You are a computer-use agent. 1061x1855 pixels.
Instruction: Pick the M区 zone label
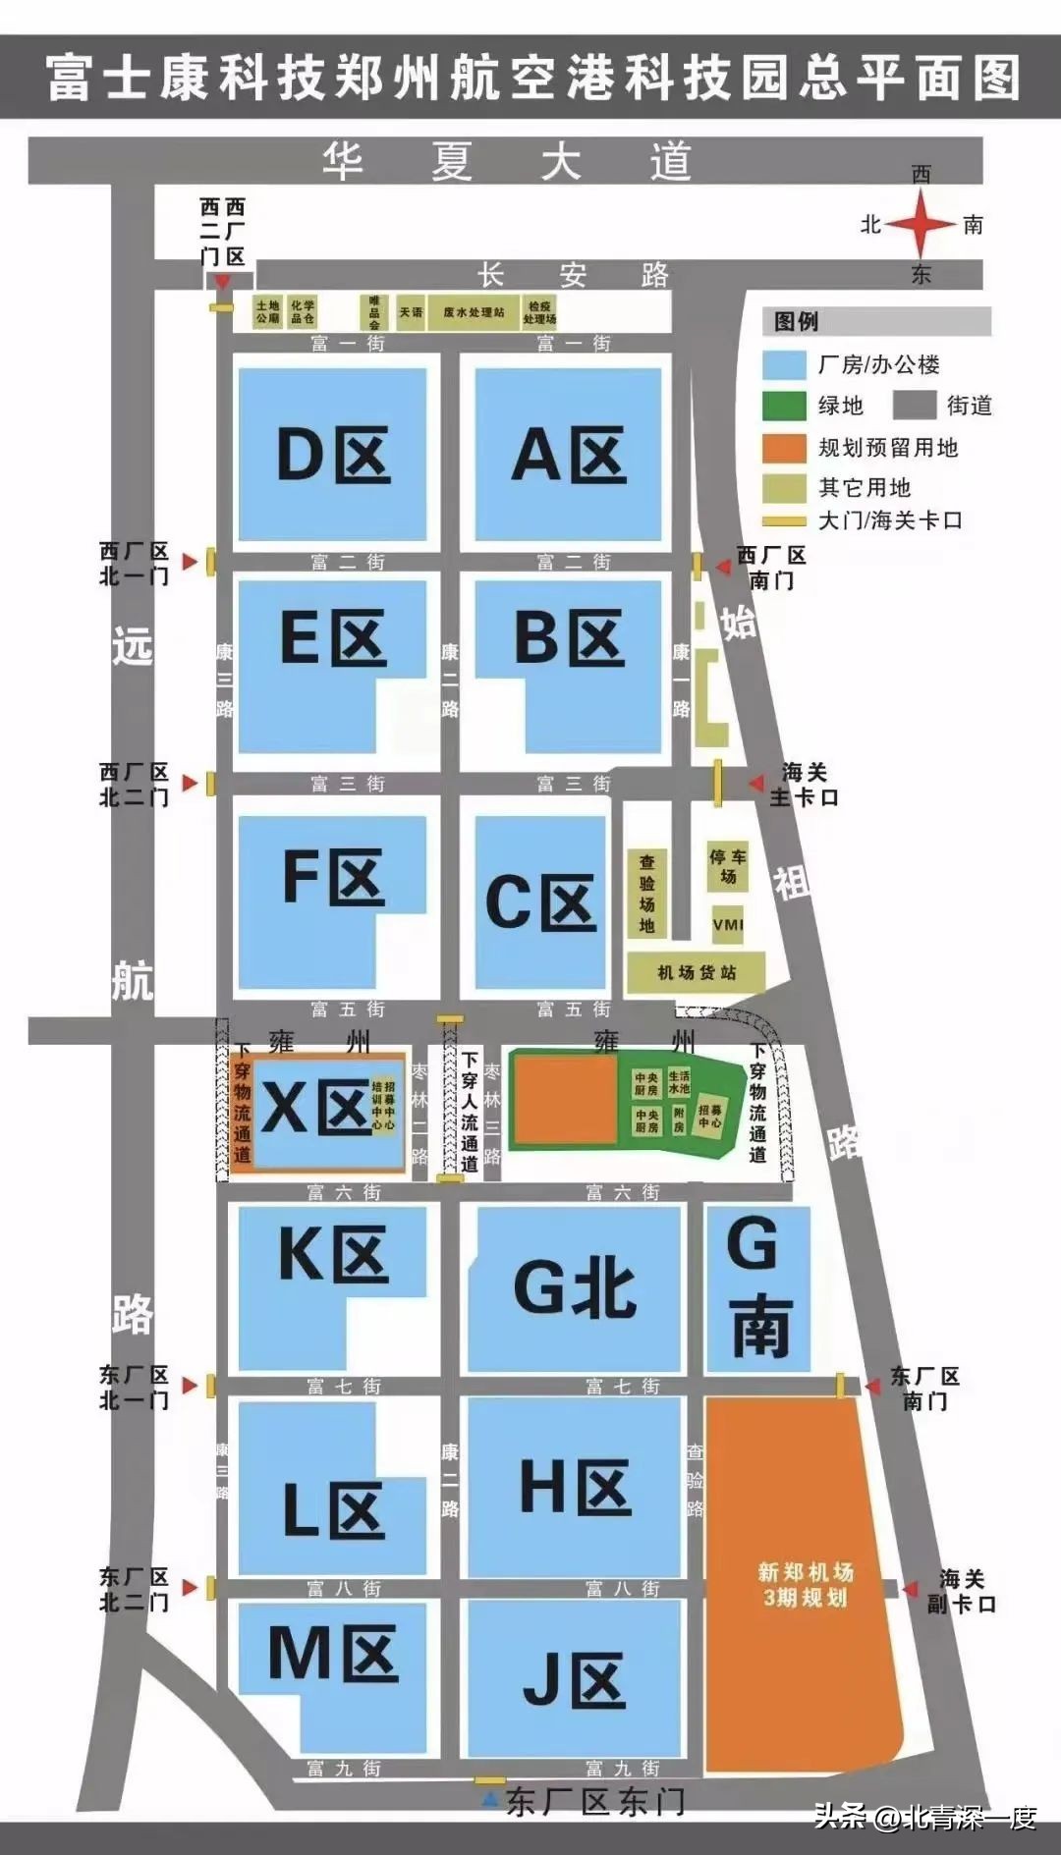tap(333, 1654)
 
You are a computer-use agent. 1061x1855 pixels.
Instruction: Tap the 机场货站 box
tap(696, 973)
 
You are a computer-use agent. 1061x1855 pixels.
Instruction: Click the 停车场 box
tap(728, 866)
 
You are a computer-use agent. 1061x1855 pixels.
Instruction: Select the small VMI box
tap(728, 924)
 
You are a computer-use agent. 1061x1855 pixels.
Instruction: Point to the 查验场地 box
tap(647, 893)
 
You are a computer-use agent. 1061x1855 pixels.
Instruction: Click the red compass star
tap(921, 225)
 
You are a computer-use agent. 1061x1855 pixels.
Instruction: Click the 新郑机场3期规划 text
tap(806, 1584)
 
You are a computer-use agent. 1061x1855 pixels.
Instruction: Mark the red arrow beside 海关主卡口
tap(755, 784)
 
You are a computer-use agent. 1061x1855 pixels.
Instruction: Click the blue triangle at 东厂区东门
tap(489, 1801)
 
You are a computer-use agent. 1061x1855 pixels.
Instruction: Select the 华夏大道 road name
tap(507, 161)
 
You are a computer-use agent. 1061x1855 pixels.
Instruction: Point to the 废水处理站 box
tap(474, 312)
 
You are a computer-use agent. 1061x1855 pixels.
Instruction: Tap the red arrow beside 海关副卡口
tap(911, 1589)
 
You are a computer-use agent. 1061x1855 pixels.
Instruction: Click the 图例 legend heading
tap(796, 321)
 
